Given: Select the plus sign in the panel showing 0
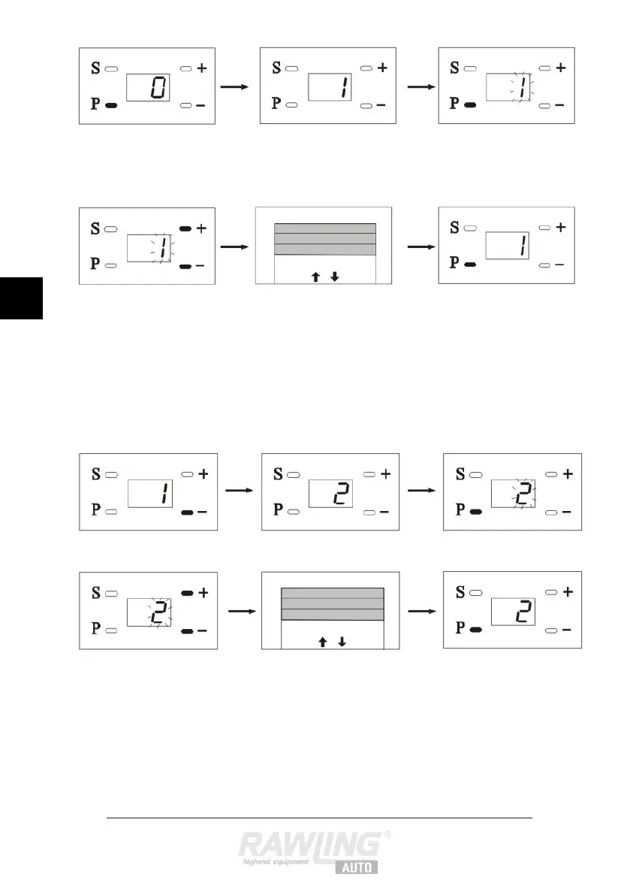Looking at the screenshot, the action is click(x=202, y=68).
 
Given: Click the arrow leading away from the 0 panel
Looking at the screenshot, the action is click(x=236, y=87).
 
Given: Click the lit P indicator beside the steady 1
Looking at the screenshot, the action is click(x=469, y=265).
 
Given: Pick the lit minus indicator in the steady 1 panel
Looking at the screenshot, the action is click(x=188, y=512).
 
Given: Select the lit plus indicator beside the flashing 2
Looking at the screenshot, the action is click(x=186, y=593).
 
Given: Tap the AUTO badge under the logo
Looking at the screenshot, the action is click(x=356, y=866).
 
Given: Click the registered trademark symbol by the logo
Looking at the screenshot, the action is click(x=387, y=833).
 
